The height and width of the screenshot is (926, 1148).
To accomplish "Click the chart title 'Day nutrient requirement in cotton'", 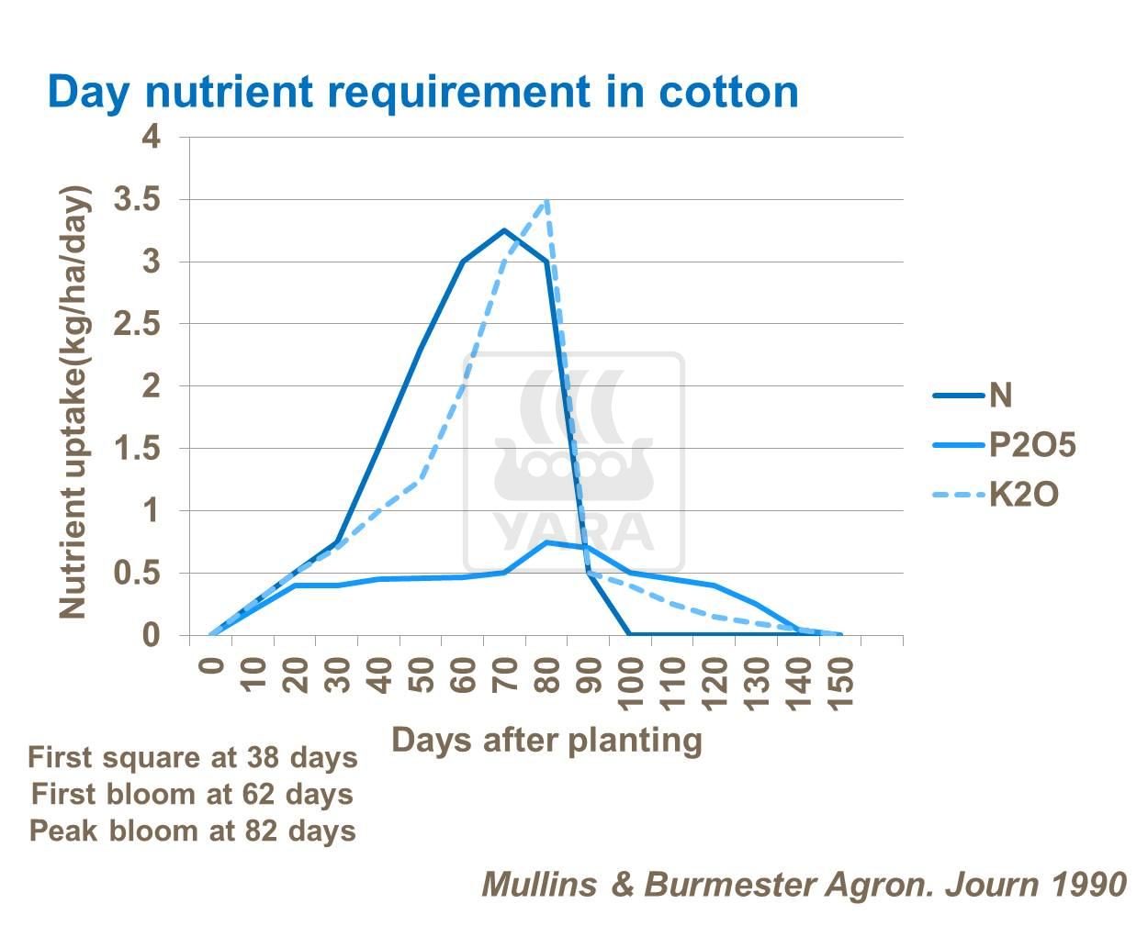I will pos(422,92).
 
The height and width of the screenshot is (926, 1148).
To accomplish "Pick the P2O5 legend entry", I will pos(1030,445).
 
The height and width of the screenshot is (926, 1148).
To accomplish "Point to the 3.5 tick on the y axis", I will pos(137,199).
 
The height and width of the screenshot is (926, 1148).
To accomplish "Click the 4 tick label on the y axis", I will pos(151,138).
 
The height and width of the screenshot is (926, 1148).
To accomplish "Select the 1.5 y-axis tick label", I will pos(137,449).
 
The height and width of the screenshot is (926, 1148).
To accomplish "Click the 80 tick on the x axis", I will pos(547,676).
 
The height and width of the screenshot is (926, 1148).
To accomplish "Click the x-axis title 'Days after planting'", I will pos(546,740).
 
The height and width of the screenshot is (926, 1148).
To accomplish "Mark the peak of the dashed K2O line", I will pos(547,200).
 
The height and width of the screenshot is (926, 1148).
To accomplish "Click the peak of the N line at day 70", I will pos(505,230).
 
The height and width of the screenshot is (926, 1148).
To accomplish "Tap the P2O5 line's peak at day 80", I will pos(547,542).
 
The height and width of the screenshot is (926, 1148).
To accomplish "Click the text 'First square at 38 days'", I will pos(192,758).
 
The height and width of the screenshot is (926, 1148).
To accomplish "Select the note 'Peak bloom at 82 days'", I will pos(192,831).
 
